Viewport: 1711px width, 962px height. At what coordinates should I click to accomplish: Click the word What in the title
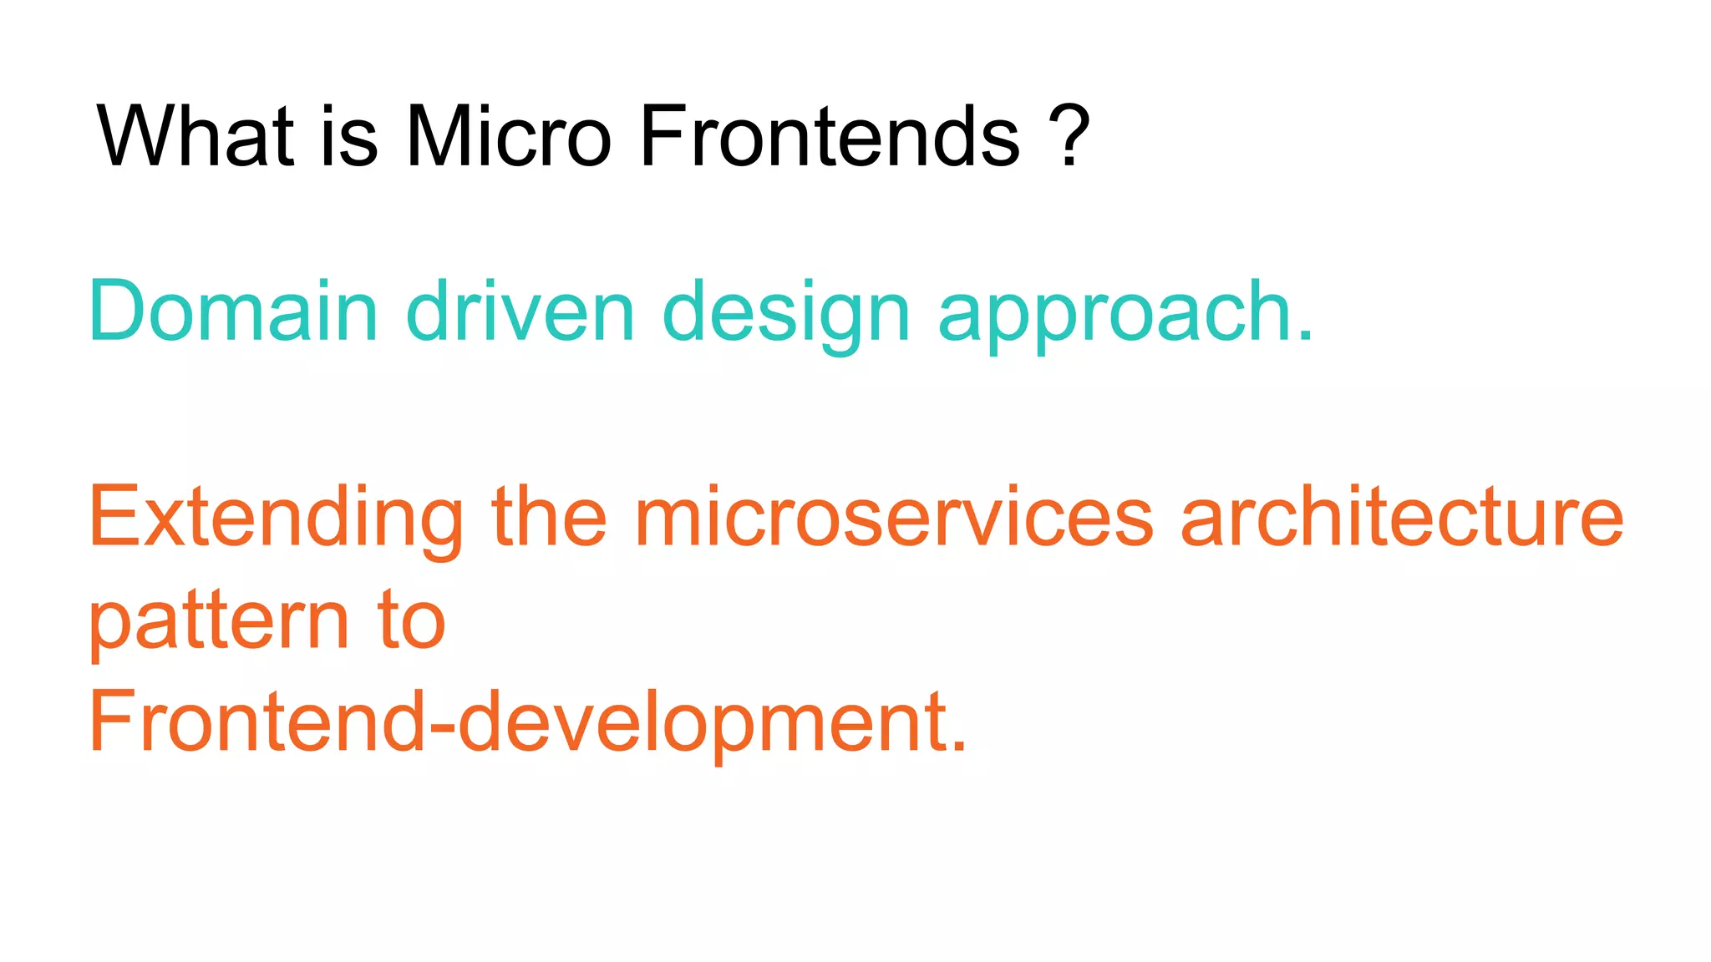[x=195, y=135]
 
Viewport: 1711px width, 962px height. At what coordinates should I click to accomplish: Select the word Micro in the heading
[x=508, y=135]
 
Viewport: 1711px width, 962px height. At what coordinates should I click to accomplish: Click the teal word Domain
[x=233, y=311]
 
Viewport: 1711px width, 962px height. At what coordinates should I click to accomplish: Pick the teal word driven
[x=520, y=311]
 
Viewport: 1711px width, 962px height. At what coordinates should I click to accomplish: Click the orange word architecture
[x=1401, y=518]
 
